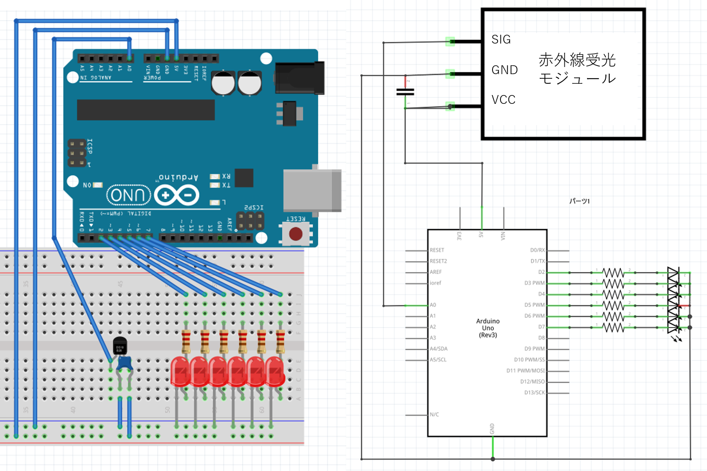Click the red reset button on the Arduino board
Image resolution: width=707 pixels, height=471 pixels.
(296, 234)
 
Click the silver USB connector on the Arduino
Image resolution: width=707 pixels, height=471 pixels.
(312, 190)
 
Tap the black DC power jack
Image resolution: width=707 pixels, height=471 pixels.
(300, 78)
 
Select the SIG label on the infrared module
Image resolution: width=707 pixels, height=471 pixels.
(501, 39)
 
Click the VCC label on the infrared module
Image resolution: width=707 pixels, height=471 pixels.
(503, 100)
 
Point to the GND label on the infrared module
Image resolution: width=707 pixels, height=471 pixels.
(505, 70)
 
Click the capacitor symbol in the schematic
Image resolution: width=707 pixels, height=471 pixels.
(405, 92)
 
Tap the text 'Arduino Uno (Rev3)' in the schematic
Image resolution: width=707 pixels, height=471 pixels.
(488, 328)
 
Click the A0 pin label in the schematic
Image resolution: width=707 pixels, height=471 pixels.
(433, 305)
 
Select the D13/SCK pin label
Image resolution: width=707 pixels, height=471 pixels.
(535, 392)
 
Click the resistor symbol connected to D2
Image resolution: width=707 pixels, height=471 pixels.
(613, 273)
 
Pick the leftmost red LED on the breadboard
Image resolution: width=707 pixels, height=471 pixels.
(180, 371)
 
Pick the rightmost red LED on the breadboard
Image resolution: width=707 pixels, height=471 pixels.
(275, 371)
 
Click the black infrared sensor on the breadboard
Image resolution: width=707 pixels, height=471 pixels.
(120, 345)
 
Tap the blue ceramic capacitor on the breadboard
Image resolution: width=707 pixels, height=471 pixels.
(124, 363)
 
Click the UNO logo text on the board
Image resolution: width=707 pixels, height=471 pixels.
(128, 195)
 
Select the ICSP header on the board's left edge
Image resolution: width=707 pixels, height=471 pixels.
(77, 153)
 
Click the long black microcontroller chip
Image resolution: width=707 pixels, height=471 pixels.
(145, 110)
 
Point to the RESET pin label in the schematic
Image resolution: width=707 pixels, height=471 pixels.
(437, 250)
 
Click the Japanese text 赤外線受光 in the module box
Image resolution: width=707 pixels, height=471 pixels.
(577, 60)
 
